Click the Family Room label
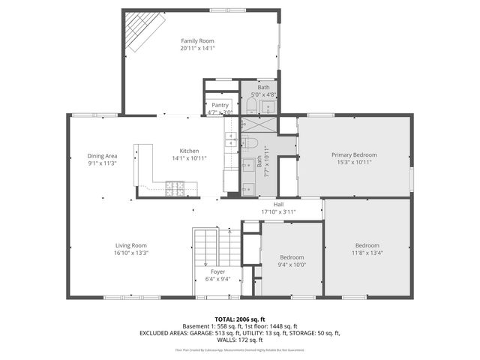coord(197,40)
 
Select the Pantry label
coord(220,105)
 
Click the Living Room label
coord(130,245)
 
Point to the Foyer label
coord(217,271)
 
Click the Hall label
coord(278,204)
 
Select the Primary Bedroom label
coord(354,154)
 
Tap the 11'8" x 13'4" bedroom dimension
coord(367,253)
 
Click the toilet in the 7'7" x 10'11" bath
coord(252,145)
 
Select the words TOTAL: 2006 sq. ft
coord(240,319)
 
